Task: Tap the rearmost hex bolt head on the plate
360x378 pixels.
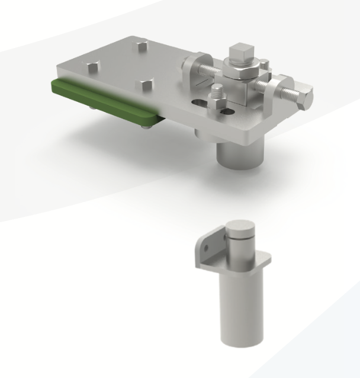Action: coord(142,46)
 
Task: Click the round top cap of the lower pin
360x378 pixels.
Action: coord(239,227)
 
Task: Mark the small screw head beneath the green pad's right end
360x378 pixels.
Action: coord(144,124)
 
